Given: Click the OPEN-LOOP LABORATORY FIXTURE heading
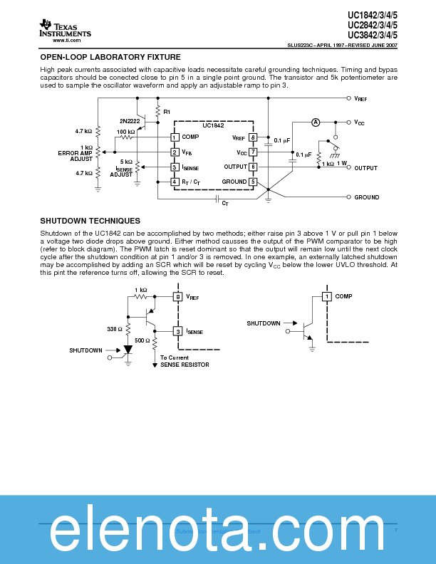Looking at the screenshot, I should pos(110,57).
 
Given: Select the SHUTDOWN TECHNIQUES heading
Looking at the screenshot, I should pos(90,221).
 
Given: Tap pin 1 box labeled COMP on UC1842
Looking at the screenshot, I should pos(175,137).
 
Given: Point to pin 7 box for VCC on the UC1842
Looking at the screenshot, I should pos(253,152).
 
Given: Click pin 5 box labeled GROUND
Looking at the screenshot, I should pos(253,182).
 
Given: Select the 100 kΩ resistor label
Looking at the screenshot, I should pos(125,132).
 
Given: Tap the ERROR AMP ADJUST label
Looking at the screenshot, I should pos(76,156).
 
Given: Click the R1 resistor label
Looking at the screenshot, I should pos(167,113).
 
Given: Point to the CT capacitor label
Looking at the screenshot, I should pos(225,204).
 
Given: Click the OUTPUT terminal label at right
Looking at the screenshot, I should pos(365,168).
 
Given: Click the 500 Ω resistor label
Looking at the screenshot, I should pos(142,340).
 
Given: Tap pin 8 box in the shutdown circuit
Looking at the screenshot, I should pos(178,296).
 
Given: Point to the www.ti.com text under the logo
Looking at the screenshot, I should pos(64,41).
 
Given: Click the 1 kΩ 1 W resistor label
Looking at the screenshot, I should pos(336,163).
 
